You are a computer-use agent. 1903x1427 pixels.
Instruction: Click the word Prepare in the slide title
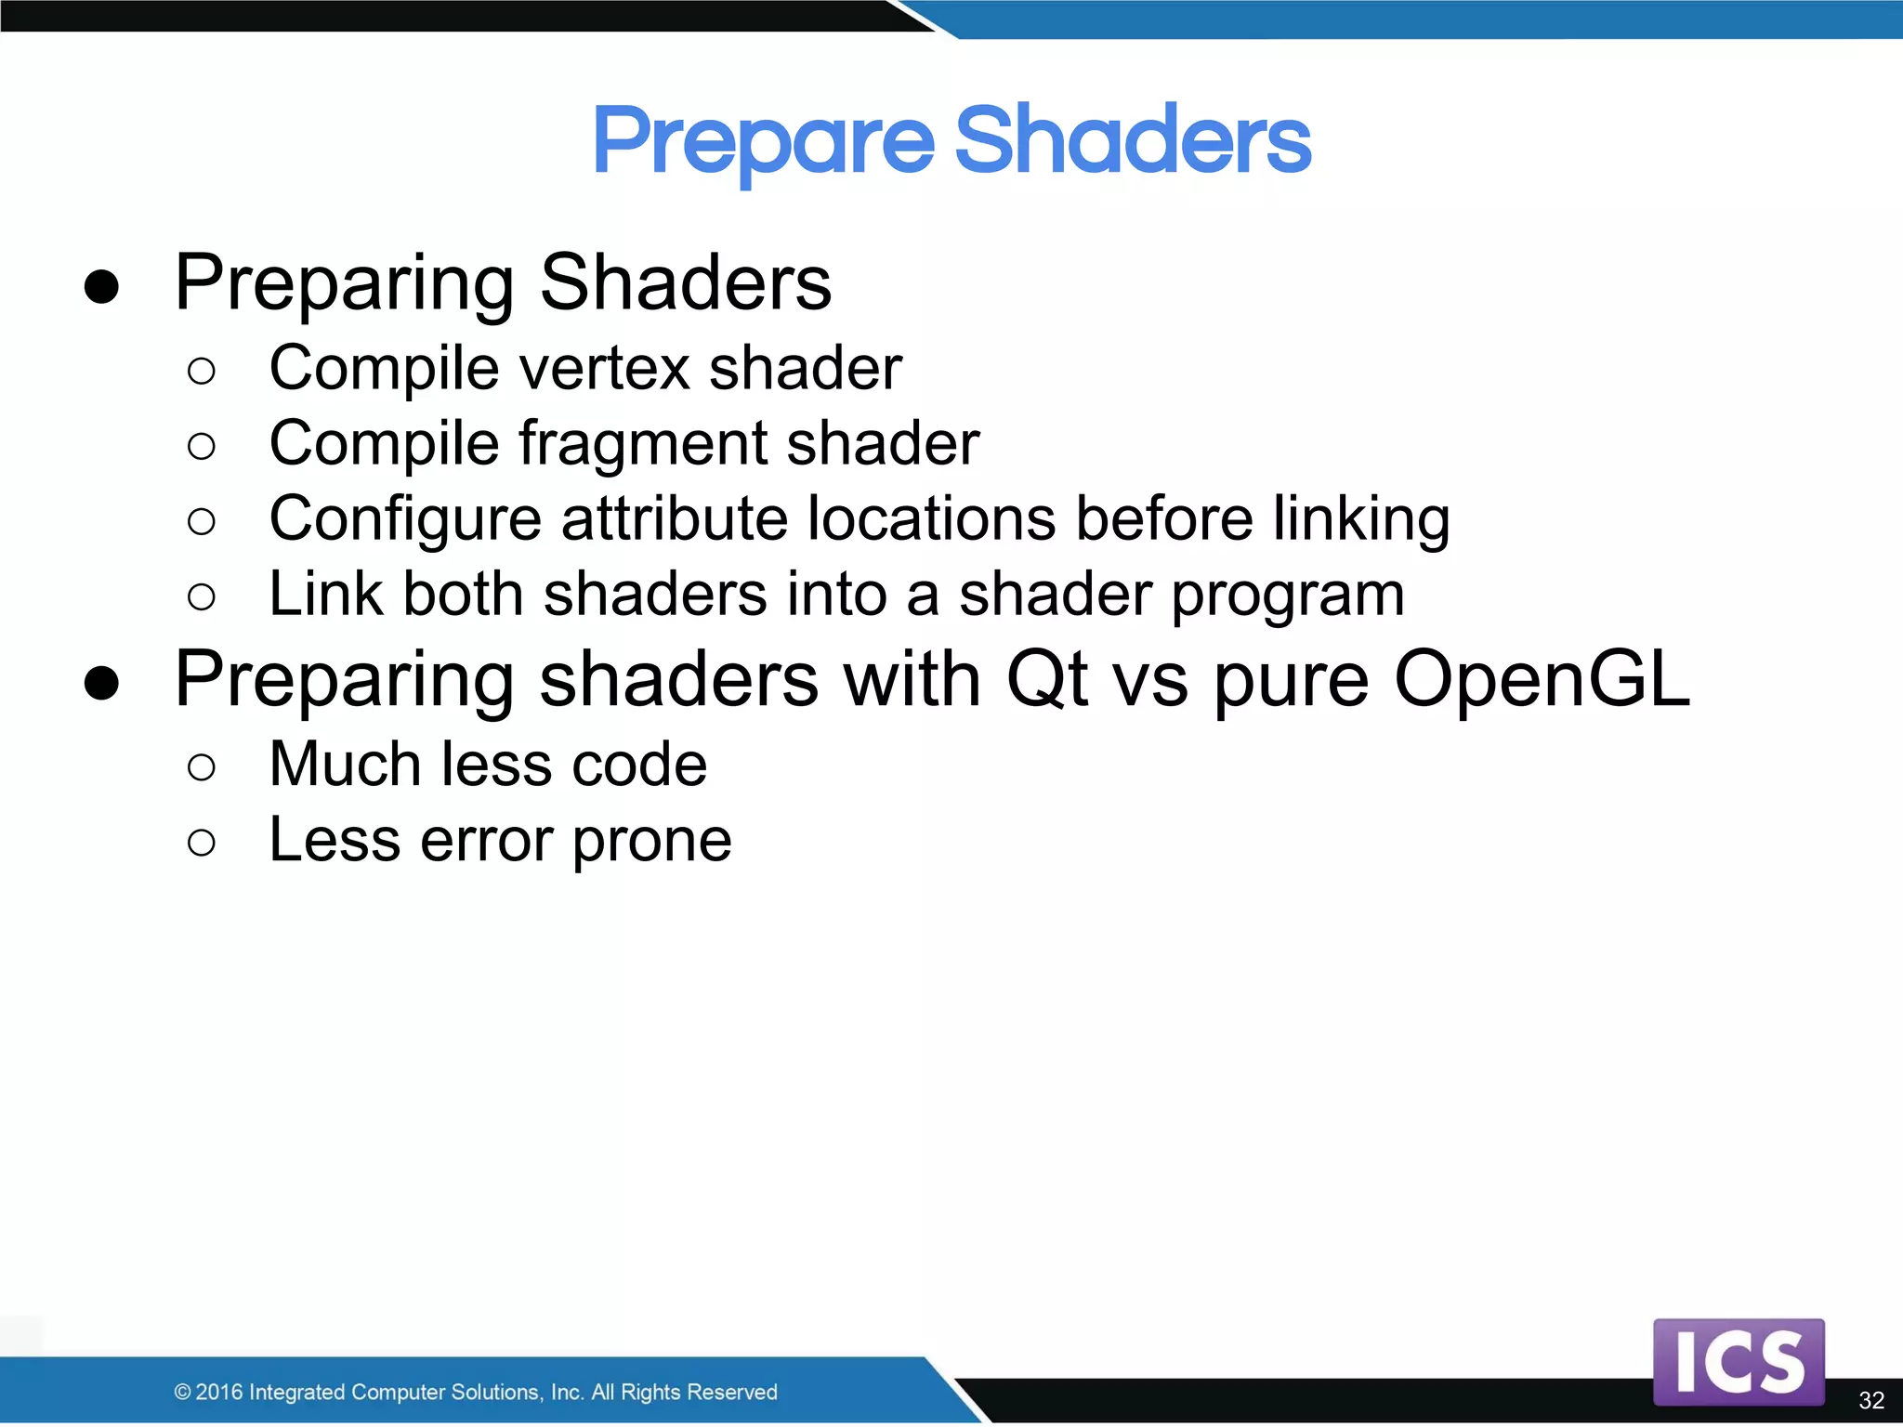(763, 142)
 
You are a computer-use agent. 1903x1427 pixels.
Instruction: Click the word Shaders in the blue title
(1132, 140)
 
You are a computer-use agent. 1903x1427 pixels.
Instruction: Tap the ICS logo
(1738, 1361)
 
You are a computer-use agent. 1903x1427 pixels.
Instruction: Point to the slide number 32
(1870, 1400)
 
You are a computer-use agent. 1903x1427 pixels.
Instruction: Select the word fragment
(642, 445)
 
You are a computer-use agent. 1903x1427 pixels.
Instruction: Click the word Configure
(404, 520)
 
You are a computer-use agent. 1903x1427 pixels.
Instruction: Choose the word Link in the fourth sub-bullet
(325, 594)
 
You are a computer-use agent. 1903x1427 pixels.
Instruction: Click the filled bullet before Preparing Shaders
(101, 287)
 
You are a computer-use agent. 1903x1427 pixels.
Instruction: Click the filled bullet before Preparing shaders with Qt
(101, 684)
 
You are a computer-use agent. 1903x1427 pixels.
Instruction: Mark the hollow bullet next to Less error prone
(201, 843)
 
